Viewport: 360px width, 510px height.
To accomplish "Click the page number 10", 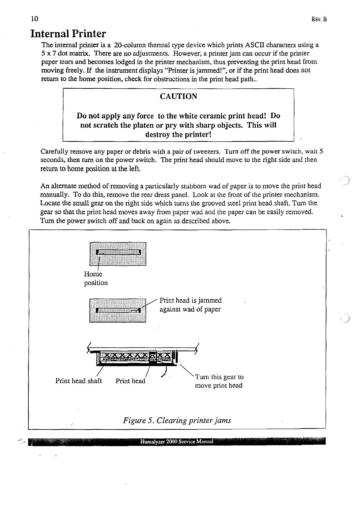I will [34, 19].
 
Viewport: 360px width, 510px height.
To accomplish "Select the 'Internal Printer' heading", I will [68, 33].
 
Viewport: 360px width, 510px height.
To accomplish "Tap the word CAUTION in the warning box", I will [178, 97].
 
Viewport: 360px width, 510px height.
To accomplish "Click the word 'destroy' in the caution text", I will [158, 134].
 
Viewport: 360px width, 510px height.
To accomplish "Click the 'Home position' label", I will [96, 278].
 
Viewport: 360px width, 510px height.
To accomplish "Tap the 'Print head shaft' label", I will [79, 381].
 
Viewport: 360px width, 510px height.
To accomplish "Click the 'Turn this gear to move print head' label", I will [219, 381].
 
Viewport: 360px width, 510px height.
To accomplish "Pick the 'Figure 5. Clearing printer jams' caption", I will [177, 420].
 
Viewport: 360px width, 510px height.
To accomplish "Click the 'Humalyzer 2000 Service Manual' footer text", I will [177, 441].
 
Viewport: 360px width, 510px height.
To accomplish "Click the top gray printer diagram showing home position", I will [118, 254].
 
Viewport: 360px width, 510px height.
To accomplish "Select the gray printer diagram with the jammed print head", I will [118, 310].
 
